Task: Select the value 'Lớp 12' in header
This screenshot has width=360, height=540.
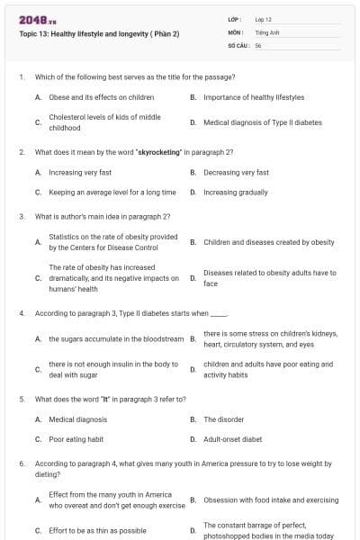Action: pyautogui.click(x=264, y=19)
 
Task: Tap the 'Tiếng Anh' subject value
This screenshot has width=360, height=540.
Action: pyautogui.click(x=268, y=31)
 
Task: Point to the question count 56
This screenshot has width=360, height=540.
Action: pyautogui.click(x=258, y=44)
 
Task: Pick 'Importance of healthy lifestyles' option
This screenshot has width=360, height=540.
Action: pyautogui.click(x=254, y=97)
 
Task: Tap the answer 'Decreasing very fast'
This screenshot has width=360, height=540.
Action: pyautogui.click(x=236, y=172)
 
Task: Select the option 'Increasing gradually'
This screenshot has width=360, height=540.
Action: pyautogui.click(x=236, y=192)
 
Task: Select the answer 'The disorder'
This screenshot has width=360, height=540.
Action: pyautogui.click(x=223, y=419)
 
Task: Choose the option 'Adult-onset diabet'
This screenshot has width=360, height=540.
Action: pyautogui.click(x=232, y=439)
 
